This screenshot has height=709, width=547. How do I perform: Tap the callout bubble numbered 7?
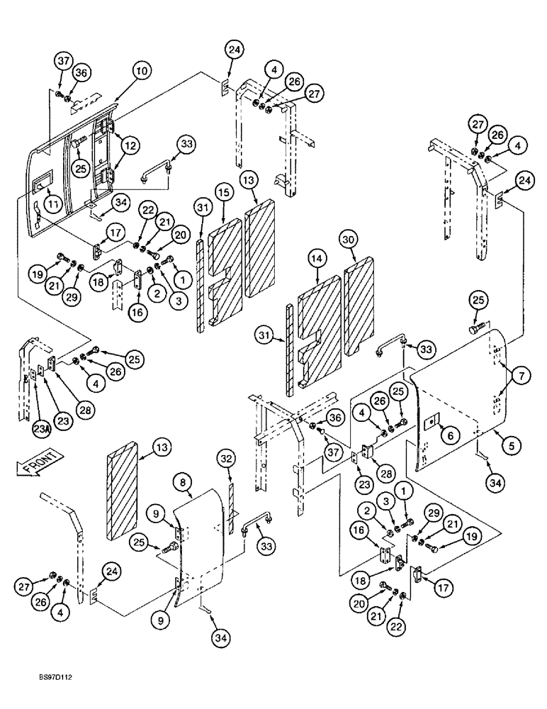click(x=518, y=374)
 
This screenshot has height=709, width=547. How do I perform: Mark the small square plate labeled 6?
click(x=429, y=423)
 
